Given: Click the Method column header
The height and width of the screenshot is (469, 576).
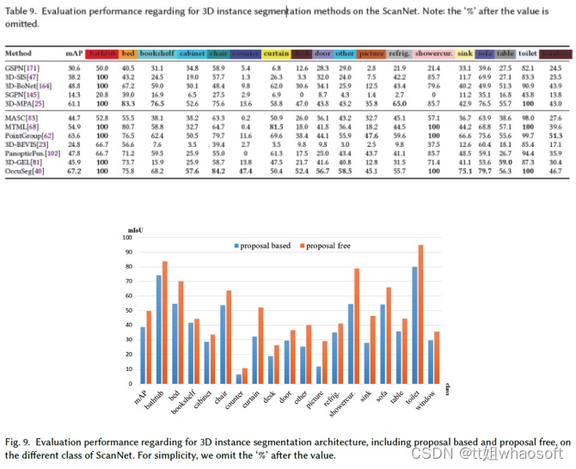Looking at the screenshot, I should point(18,52).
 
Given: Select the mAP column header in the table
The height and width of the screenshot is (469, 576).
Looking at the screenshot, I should point(75,52).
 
